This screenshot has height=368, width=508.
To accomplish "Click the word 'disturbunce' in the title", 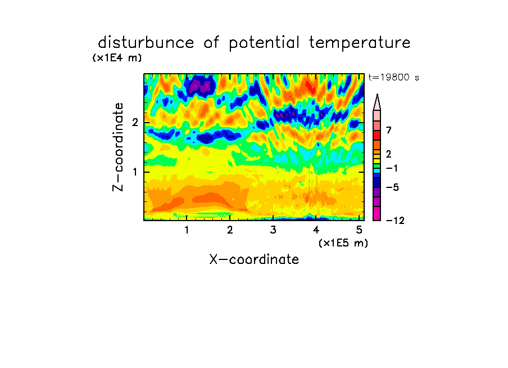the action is (146, 43).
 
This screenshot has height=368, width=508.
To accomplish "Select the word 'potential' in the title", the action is (264, 43).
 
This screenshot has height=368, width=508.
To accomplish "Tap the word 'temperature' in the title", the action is (360, 43).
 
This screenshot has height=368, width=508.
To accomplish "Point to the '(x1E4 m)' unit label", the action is (117, 58).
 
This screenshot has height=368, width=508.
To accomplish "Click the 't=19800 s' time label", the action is (393, 77).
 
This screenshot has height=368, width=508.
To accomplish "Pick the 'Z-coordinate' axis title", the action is (118, 147).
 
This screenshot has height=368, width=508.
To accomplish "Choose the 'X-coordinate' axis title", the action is (254, 259).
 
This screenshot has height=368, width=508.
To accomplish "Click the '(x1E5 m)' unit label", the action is (343, 243).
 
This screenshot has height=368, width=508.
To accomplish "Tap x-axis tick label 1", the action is (187, 230).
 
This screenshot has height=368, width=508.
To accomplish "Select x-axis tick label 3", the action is (273, 230).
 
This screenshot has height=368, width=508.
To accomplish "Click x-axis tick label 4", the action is (316, 230).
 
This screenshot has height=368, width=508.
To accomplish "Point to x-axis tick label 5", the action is (359, 230).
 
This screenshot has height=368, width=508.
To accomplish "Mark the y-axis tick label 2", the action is (135, 123).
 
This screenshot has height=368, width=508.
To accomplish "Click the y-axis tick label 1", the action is (135, 172).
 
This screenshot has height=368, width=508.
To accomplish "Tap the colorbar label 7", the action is (389, 131).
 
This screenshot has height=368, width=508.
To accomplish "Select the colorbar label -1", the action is (392, 168).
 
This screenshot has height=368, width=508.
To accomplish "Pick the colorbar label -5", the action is (392, 187).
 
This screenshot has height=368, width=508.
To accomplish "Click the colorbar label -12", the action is (395, 221).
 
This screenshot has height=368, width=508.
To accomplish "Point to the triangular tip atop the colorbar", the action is (377, 94).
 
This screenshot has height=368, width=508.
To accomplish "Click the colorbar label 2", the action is (389, 154).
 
